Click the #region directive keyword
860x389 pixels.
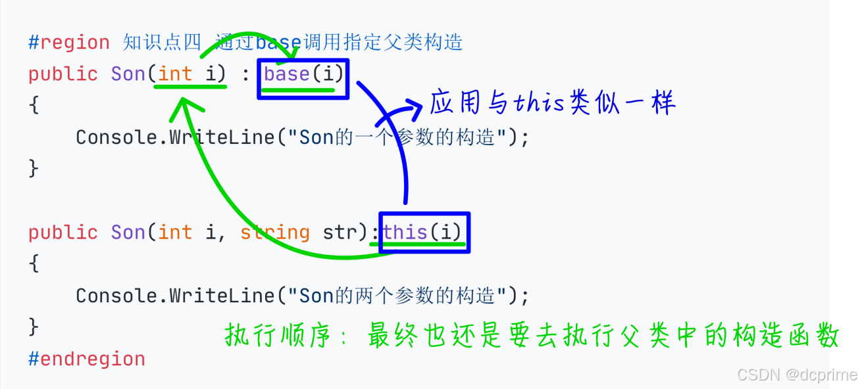[x=69, y=43]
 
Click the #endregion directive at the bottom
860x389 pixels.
[x=86, y=359]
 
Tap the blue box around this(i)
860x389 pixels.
[x=424, y=232]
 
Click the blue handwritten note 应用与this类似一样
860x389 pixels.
[x=553, y=103]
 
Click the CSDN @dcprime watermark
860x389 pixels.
[x=797, y=375]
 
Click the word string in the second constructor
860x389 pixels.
[x=274, y=233]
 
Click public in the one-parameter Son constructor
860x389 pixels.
[x=63, y=74]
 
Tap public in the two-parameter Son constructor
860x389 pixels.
[x=63, y=233]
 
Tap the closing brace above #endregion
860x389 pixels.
[x=34, y=327]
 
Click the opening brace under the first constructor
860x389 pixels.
[x=34, y=105]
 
